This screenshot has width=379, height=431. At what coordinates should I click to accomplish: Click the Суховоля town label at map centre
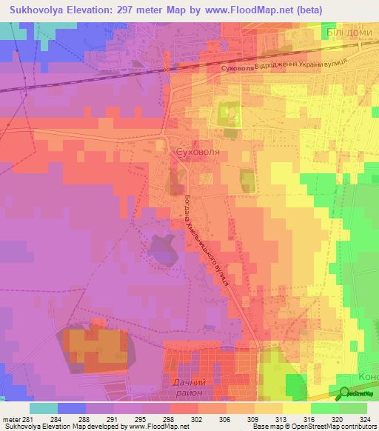point(198,152)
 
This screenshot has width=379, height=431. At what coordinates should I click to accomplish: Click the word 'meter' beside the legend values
point(9,420)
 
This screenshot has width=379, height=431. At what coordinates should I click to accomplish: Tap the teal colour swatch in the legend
point(44,408)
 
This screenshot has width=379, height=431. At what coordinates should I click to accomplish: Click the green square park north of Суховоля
point(228,113)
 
